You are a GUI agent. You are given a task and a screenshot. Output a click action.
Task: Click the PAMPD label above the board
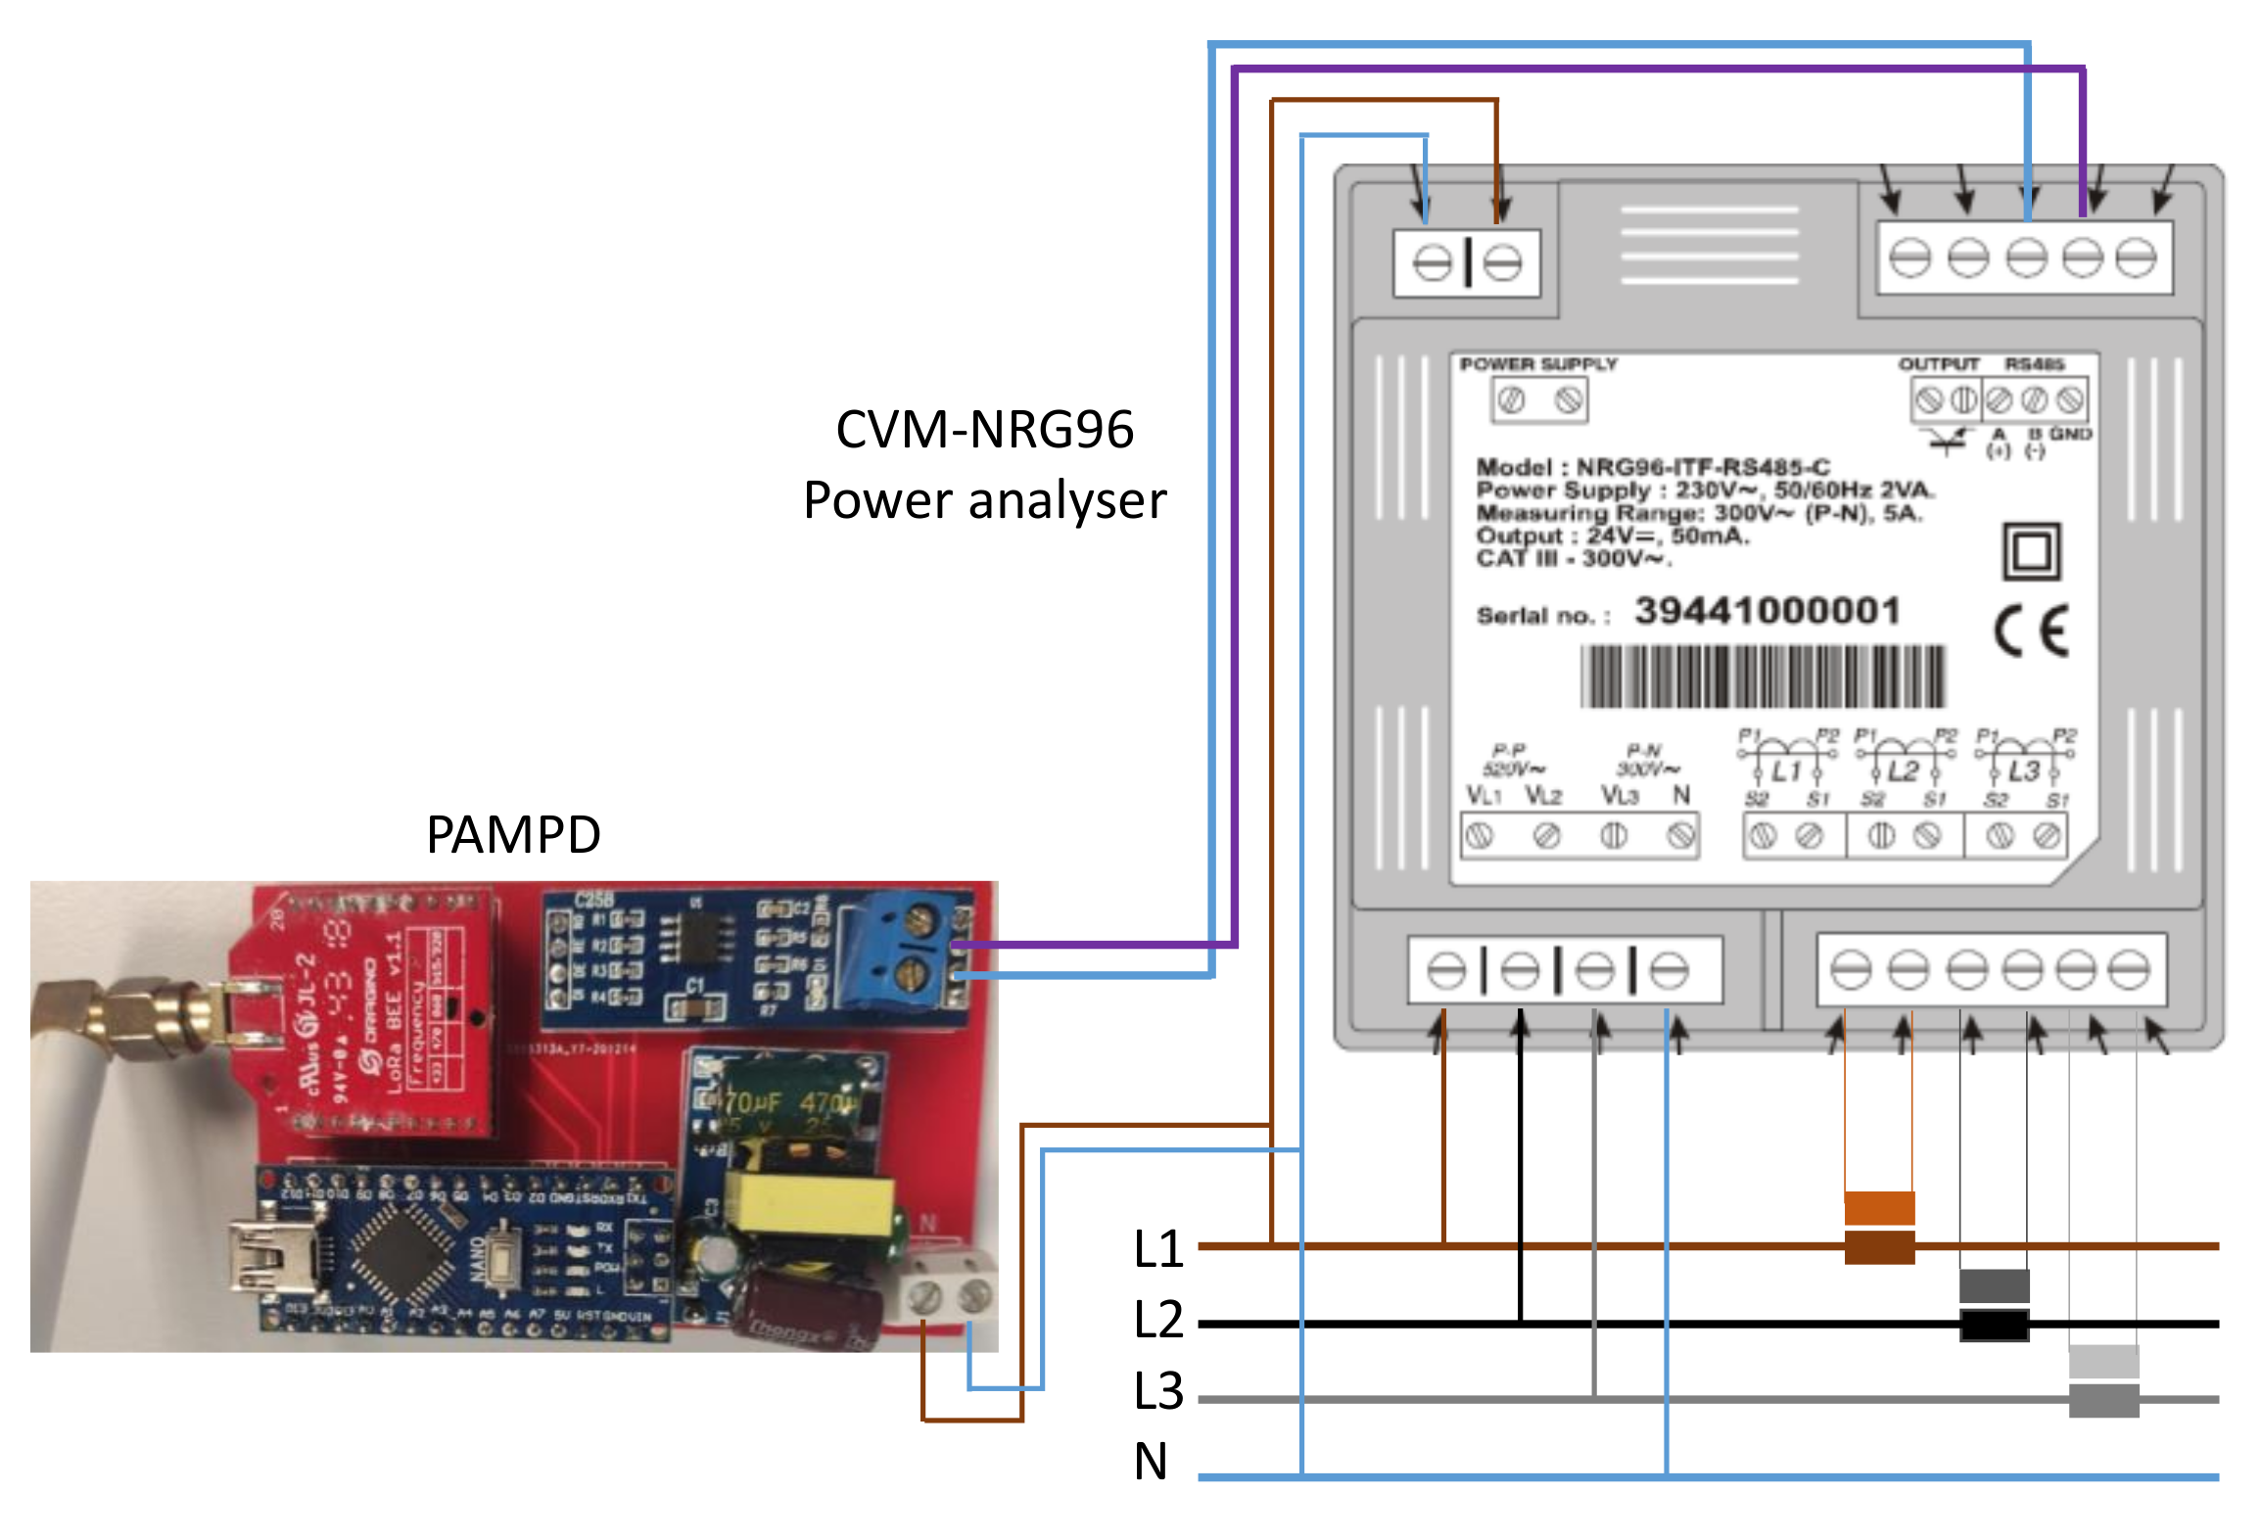coord(513,835)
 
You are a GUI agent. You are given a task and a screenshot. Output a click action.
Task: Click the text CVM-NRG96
coord(984,429)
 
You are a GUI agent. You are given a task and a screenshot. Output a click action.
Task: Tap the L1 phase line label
coord(1158,1249)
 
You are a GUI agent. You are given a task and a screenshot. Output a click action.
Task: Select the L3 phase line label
coord(1158,1391)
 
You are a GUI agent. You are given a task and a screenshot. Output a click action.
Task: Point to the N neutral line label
coord(1151,1462)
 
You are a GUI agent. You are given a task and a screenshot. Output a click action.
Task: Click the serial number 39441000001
coord(1767,611)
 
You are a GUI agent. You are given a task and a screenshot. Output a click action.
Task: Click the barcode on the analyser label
coord(1763,676)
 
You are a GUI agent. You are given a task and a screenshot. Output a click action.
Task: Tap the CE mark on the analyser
coord(2032,630)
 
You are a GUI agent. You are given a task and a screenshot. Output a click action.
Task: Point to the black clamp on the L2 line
coord(1994,1325)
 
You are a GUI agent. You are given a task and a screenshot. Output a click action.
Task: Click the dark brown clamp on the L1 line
coord(1879,1247)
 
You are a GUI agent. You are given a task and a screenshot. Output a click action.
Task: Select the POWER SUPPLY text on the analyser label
coord(1538,364)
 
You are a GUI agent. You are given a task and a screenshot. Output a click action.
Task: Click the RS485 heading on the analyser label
coord(2034,364)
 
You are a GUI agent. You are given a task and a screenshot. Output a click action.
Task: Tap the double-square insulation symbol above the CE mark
coord(2032,552)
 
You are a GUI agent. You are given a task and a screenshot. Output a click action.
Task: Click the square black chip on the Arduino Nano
coord(401,1254)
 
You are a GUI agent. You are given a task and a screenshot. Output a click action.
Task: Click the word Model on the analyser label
coord(1514,467)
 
